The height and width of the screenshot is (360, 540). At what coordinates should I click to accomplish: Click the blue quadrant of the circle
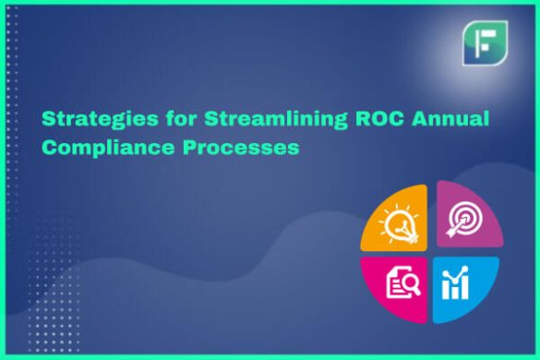coord(464,286)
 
